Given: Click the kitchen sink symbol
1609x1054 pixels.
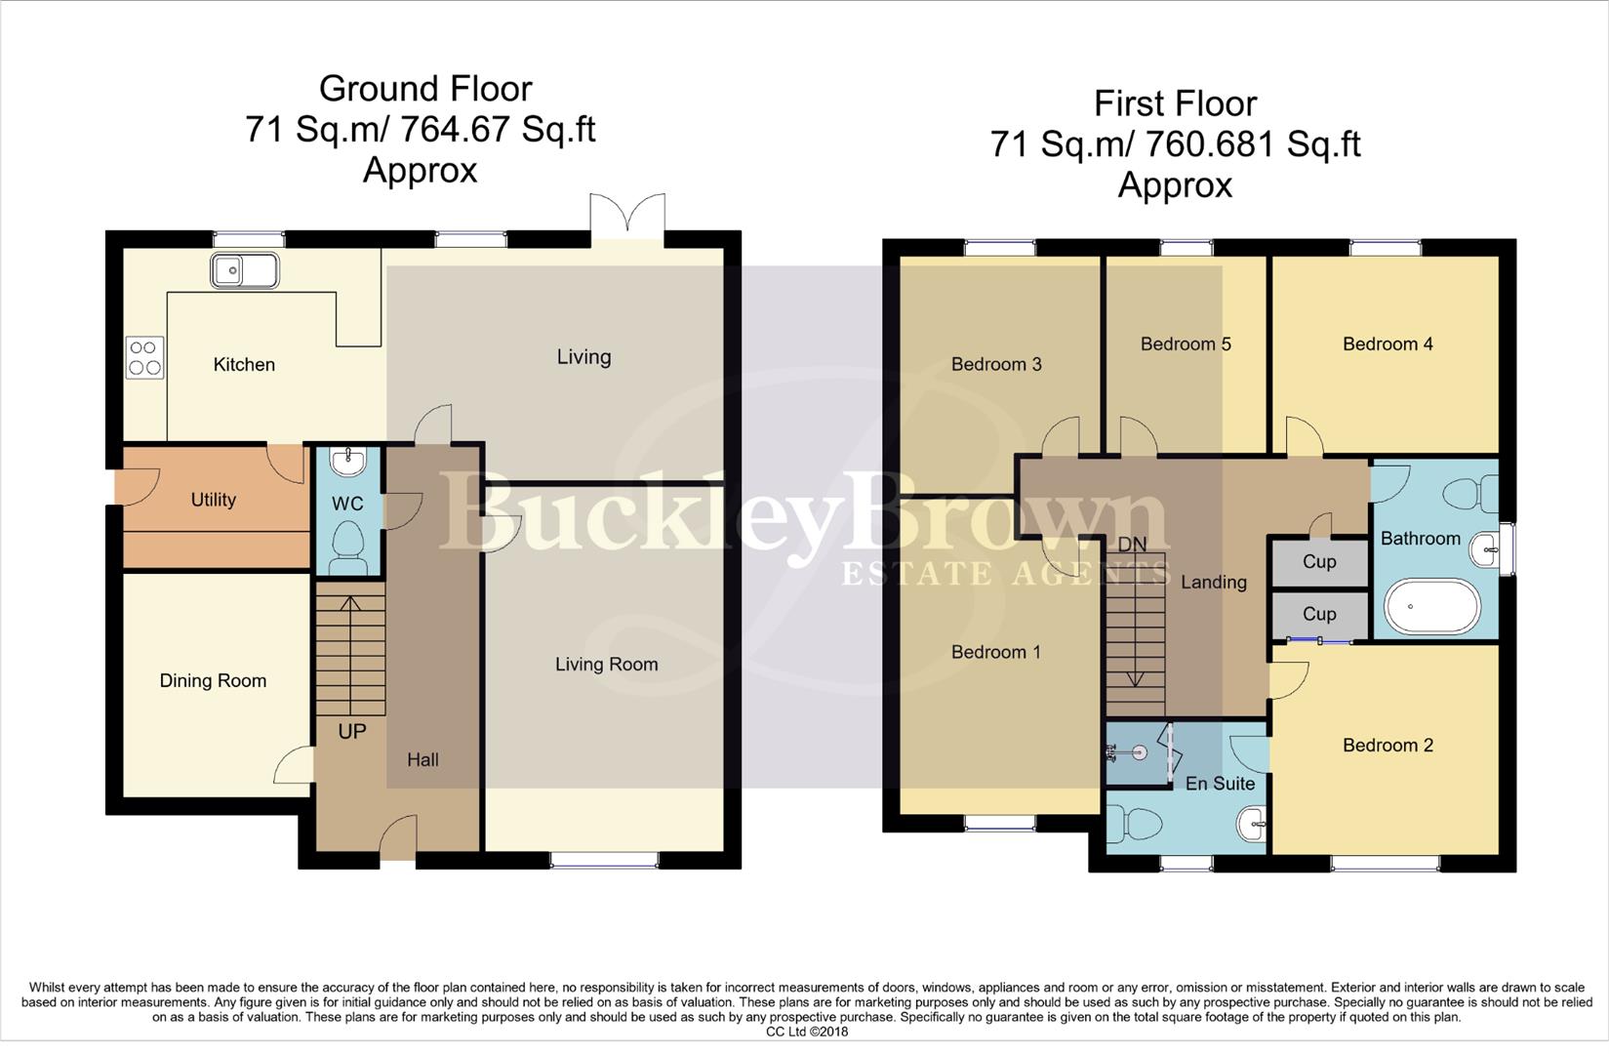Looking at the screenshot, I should [x=244, y=270].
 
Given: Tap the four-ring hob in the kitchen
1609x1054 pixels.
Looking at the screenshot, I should [x=144, y=357].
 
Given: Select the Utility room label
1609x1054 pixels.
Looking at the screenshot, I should [x=213, y=500].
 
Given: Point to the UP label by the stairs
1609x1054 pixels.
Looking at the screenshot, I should [x=351, y=731].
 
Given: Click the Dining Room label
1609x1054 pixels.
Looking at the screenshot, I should [x=213, y=681].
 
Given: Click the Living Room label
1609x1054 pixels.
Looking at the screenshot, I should [x=606, y=665].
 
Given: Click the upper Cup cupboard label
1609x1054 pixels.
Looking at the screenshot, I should [x=1319, y=562].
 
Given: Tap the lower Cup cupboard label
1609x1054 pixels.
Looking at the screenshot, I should [x=1319, y=615].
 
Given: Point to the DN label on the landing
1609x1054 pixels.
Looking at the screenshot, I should [x=1132, y=545].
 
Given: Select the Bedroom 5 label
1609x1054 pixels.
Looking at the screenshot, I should [x=1185, y=344].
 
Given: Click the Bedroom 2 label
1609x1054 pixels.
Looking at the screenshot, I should [x=1387, y=746].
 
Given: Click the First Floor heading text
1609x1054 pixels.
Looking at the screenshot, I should [x=1175, y=103].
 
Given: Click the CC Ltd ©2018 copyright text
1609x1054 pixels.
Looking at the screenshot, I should [x=806, y=1032].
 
